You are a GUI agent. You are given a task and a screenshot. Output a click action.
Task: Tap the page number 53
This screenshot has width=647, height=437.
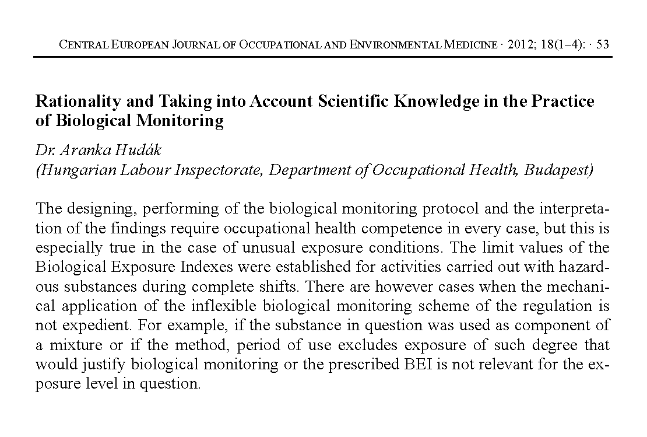(603, 45)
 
